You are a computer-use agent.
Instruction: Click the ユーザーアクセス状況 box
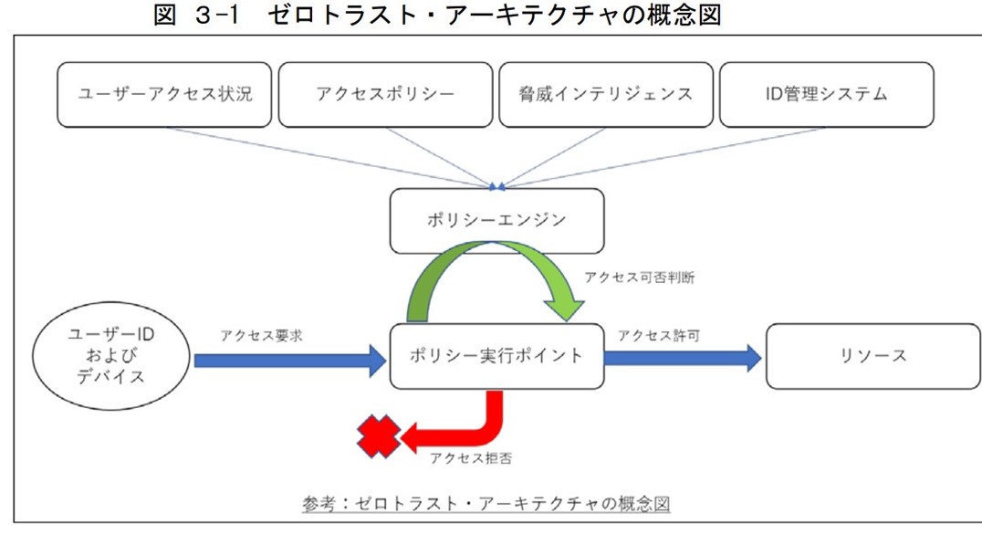coord(164,94)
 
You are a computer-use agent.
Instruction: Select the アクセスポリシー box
coord(385,94)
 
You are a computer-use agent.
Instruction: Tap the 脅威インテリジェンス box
coord(606,94)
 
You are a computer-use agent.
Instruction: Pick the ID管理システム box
coord(827,94)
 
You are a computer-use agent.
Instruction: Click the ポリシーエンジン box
coord(496,220)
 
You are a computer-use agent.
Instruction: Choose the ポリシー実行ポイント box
coord(496,356)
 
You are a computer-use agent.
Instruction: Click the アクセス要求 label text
coord(261,335)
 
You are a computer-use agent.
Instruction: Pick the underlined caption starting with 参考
coord(487,503)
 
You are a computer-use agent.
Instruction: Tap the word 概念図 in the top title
coord(684,16)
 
